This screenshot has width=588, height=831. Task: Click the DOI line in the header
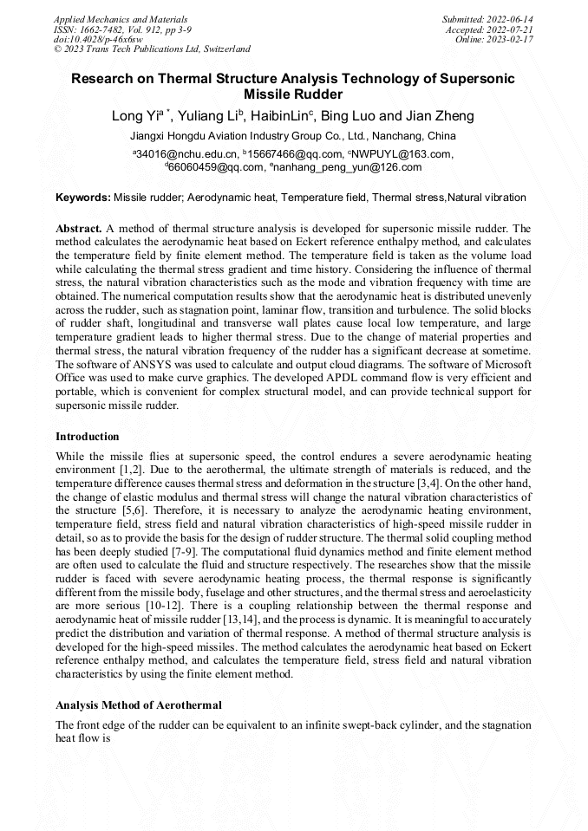point(98,40)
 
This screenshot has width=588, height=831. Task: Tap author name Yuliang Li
point(207,116)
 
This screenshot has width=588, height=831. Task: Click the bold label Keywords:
point(83,198)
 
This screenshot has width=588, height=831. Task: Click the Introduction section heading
point(88,436)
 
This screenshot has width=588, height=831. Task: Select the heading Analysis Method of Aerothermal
point(138,704)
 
